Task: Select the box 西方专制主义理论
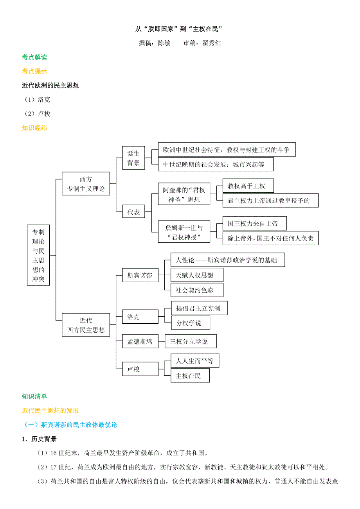[86, 184]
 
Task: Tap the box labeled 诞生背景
[133, 158]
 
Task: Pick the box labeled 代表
[133, 212]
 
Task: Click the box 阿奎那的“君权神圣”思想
[184, 194]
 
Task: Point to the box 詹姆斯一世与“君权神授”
[184, 232]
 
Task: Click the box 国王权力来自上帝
[254, 224]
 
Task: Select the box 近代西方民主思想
[86, 325]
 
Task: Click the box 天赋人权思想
[197, 275]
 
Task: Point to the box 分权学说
[191, 323]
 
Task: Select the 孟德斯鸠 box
[140, 341]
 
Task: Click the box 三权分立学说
[191, 341]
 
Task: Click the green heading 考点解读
[34, 57]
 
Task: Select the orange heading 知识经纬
[34, 127]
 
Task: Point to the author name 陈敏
[164, 43]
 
